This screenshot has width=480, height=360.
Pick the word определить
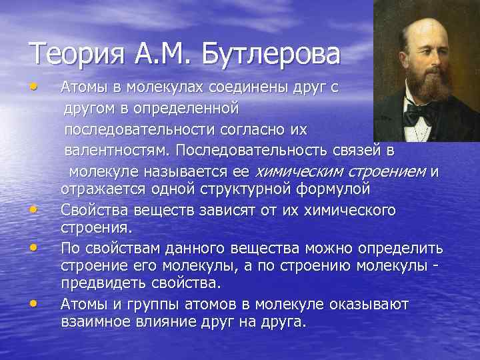pos(402,248)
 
